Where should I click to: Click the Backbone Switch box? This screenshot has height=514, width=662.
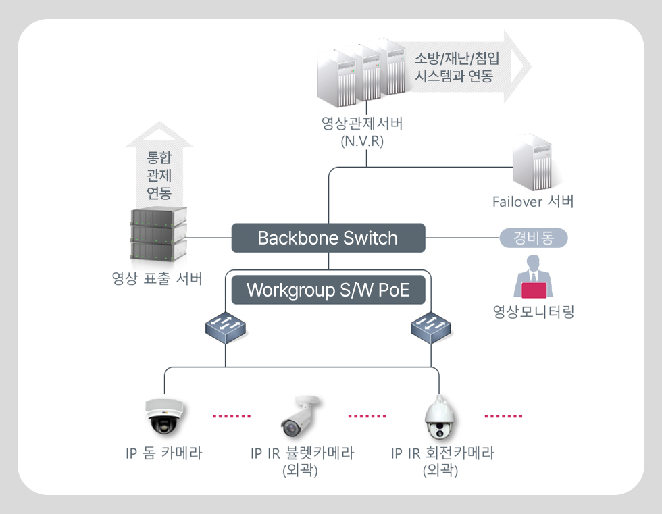tap(328, 238)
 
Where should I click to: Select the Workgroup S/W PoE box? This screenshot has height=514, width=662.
tap(328, 290)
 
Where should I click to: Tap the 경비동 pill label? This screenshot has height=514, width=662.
tap(534, 238)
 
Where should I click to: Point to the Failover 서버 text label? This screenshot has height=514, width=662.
tap(533, 202)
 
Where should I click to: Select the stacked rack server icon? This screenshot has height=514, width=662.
tap(157, 235)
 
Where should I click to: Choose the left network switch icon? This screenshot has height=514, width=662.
tap(226, 328)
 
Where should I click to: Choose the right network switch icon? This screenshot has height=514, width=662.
tap(431, 328)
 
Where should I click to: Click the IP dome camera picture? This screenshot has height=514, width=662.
tap(164, 415)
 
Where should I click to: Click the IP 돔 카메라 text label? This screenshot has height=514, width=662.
tap(164, 453)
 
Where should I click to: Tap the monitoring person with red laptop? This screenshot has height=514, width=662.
tap(533, 277)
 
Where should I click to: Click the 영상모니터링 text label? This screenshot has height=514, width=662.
tap(533, 311)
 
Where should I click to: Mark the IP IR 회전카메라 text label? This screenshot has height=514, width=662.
tap(442, 453)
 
